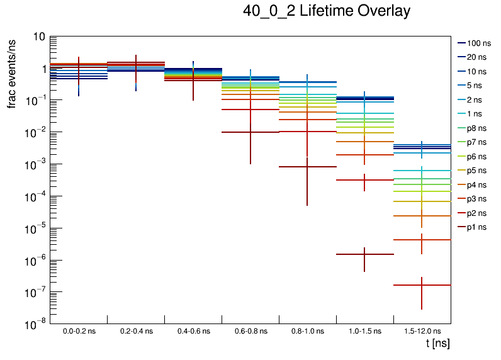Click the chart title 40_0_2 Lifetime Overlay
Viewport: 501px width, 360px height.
click(x=327, y=11)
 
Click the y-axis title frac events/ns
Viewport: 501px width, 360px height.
click(x=12, y=73)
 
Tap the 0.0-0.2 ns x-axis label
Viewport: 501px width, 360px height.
click(x=79, y=331)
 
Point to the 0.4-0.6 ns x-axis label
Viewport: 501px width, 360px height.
click(x=193, y=331)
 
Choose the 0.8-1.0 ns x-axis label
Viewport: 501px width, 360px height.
click(x=307, y=331)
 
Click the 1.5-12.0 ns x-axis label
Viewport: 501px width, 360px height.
click(x=422, y=331)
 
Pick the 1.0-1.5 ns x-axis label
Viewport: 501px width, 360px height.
click(x=364, y=331)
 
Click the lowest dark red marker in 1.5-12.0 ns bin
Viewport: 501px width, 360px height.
click(x=422, y=285)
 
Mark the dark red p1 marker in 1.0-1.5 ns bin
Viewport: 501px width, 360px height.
click(x=364, y=254)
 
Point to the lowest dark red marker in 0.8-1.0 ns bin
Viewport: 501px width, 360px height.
click(x=307, y=167)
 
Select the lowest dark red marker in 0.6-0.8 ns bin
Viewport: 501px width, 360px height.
click(x=250, y=132)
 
